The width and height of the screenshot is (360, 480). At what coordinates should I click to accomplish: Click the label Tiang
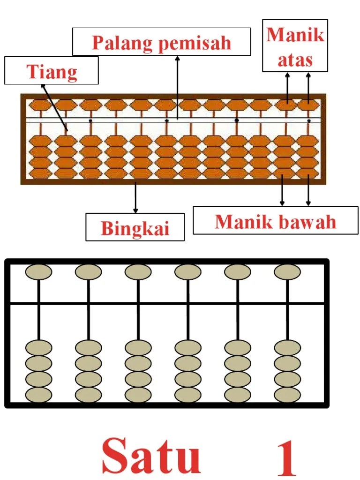pyautogui.click(x=52, y=71)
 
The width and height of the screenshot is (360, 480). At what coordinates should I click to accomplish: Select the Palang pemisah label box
pyautogui.click(x=161, y=43)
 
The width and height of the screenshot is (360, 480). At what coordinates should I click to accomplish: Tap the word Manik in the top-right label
pyautogui.click(x=295, y=35)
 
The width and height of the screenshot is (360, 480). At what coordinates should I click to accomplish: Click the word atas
pyautogui.click(x=295, y=60)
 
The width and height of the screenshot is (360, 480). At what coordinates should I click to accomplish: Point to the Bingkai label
pyautogui.click(x=135, y=228)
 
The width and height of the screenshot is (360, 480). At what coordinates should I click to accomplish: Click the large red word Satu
pyautogui.click(x=151, y=455)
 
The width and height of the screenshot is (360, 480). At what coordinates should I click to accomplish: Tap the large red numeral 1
pyautogui.click(x=287, y=457)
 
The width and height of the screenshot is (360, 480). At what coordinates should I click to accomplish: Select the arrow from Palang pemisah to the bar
pyautogui.click(x=177, y=87)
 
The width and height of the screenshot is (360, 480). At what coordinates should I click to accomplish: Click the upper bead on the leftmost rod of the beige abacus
pyautogui.click(x=39, y=272)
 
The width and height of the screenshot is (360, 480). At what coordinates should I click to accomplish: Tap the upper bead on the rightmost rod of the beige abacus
pyautogui.click(x=287, y=272)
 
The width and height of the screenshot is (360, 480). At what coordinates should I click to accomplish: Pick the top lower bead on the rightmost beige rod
pyautogui.click(x=287, y=348)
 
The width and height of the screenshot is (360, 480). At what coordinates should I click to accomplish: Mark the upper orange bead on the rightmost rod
pyautogui.click(x=308, y=105)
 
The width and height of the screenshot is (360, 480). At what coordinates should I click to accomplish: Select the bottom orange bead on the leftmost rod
pyautogui.click(x=41, y=173)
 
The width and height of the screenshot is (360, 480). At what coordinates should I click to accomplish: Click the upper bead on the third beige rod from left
pyautogui.click(x=138, y=272)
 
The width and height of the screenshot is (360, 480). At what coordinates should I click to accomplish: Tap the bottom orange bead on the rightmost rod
pyautogui.click(x=308, y=173)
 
